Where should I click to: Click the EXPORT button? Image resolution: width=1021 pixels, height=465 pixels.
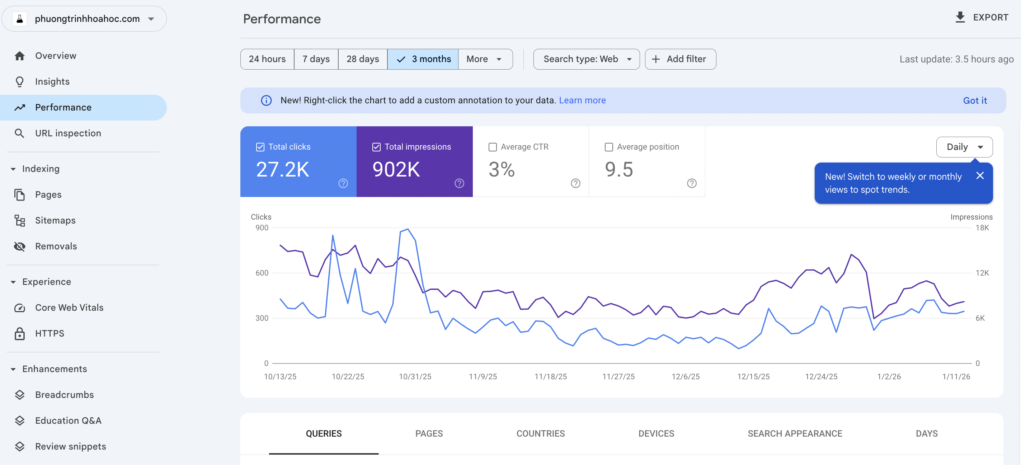click(982, 18)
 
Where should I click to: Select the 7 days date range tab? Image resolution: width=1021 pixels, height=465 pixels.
click(316, 59)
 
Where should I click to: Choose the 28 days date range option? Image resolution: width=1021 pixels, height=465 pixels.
click(362, 59)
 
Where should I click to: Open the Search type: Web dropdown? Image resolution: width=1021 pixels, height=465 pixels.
click(586, 59)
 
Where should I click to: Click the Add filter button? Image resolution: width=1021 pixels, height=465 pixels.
click(680, 59)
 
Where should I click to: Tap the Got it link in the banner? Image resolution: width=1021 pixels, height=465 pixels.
click(975, 101)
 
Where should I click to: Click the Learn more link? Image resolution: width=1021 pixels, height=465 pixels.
click(582, 100)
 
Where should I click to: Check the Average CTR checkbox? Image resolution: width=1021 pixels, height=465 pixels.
click(493, 147)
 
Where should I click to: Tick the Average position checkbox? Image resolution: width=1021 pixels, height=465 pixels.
click(609, 147)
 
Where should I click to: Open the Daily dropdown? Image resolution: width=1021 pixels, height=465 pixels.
click(964, 147)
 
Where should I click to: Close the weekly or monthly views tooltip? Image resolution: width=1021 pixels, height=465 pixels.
click(980, 175)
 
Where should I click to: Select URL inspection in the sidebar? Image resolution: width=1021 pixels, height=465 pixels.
click(68, 133)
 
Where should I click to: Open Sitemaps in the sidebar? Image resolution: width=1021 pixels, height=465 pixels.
click(55, 220)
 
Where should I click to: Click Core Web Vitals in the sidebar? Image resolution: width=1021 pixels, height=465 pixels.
click(69, 307)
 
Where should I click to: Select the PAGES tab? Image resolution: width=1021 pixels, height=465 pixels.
click(429, 433)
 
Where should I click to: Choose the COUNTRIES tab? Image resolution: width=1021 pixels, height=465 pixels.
click(540, 433)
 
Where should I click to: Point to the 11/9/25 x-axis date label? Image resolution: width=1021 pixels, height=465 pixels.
click(483, 377)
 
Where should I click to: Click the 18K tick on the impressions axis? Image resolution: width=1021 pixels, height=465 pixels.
click(982, 227)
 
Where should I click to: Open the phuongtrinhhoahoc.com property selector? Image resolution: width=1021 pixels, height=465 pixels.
click(84, 19)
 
